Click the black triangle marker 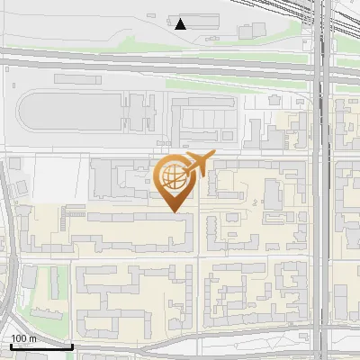pos(182,24)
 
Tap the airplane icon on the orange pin pos(199,165)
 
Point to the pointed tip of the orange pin pos(175,212)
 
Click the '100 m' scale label pos(23,338)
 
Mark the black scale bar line pos(40,346)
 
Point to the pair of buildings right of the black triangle pos(252,31)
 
